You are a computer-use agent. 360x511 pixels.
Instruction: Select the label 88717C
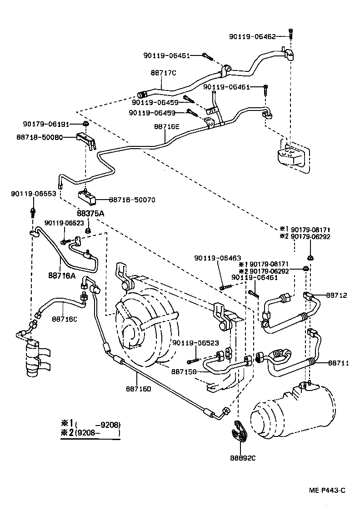(x=163, y=73)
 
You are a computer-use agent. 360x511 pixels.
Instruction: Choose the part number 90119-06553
(x=34, y=194)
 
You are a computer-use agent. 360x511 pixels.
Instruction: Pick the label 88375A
(x=90, y=213)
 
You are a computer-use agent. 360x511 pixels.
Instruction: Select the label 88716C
(x=64, y=319)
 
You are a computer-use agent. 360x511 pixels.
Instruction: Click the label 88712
(x=336, y=295)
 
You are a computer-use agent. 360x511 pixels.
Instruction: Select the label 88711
(x=336, y=363)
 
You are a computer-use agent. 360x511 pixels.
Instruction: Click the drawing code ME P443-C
(x=327, y=490)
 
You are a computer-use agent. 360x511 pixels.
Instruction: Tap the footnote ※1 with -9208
(x=91, y=425)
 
